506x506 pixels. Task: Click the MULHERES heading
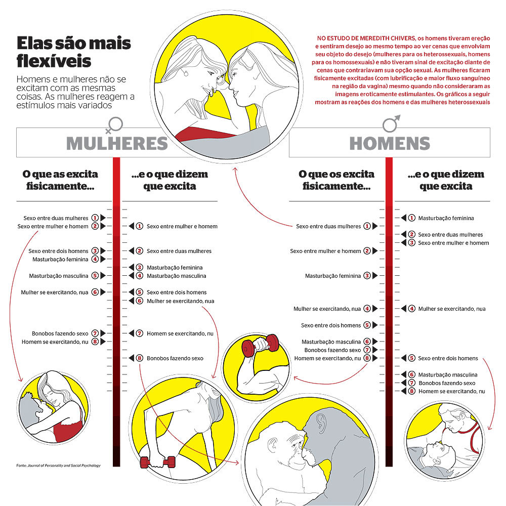click(117, 143)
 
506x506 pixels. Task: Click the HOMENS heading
click(390, 143)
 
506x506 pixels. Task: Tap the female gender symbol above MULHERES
click(114, 125)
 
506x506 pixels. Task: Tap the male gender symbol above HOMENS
click(391, 123)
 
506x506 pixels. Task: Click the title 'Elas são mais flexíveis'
click(73, 52)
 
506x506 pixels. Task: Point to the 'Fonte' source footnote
click(58, 466)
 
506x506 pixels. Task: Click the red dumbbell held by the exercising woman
click(158, 462)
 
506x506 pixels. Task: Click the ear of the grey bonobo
click(321, 421)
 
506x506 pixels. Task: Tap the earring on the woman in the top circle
click(186, 73)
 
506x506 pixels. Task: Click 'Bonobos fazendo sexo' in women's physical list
click(60, 333)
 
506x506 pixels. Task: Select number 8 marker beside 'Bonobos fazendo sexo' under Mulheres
click(140, 358)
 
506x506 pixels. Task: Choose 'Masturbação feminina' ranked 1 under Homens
click(446, 218)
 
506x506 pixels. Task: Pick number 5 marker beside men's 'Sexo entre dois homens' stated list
click(411, 358)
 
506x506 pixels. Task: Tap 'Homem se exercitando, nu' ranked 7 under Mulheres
click(180, 333)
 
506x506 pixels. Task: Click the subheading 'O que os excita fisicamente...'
click(336, 180)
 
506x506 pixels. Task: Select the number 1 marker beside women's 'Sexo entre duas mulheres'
click(95, 218)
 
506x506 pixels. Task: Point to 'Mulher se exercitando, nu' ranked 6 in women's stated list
click(181, 301)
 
